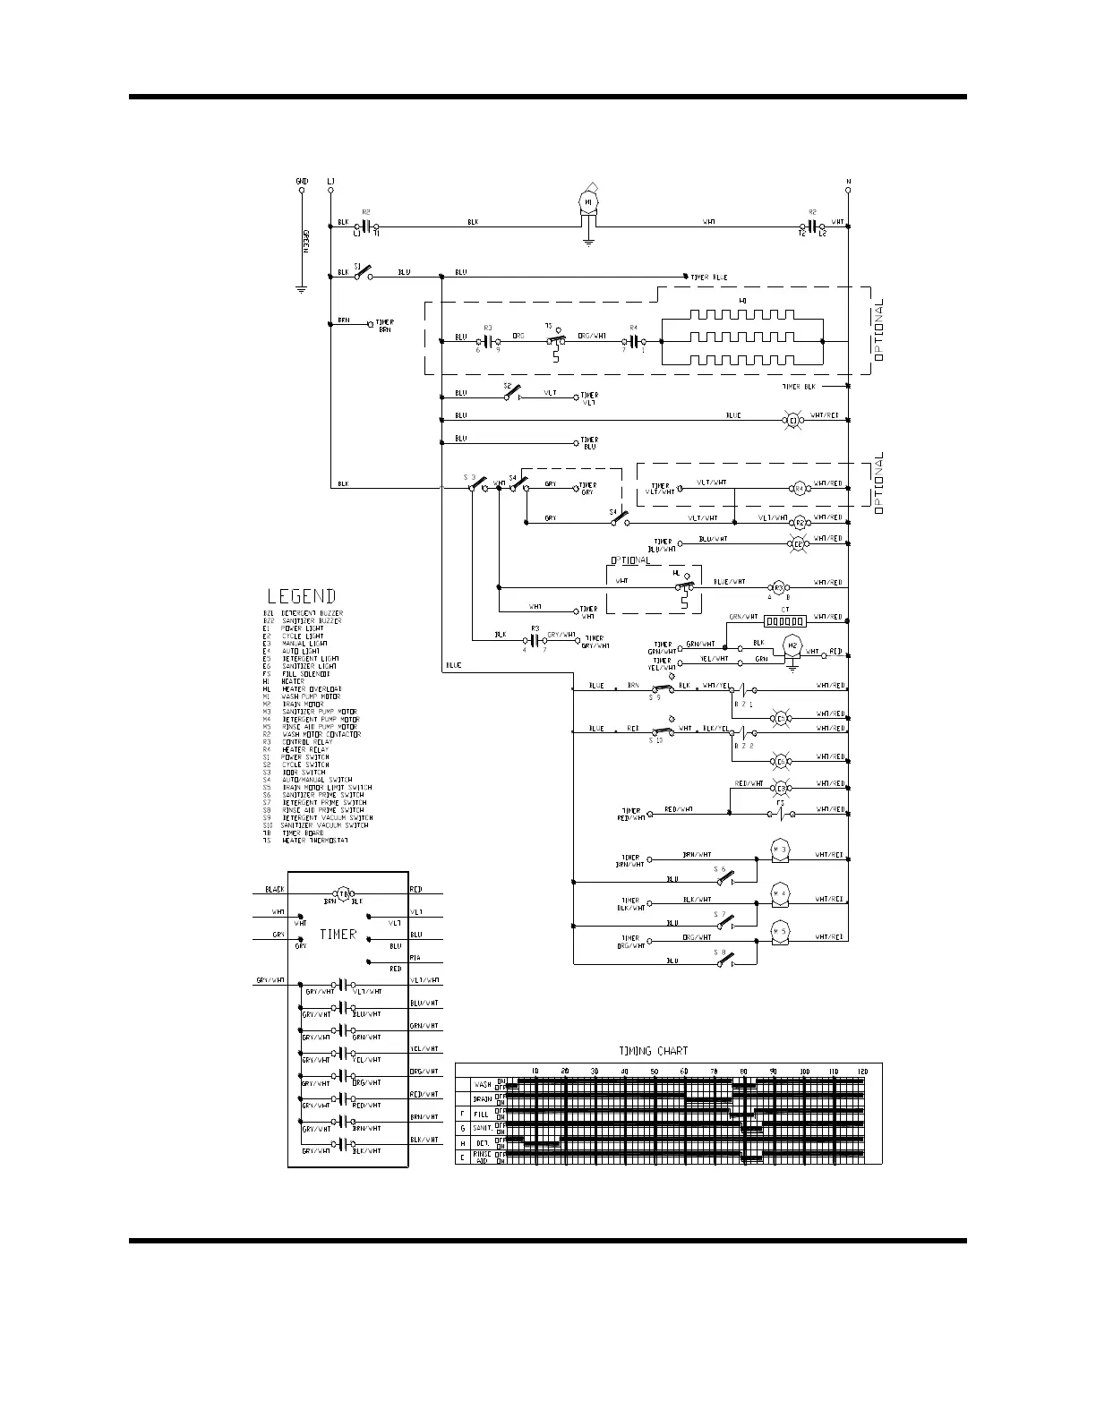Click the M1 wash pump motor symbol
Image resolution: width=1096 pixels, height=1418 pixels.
click(x=588, y=204)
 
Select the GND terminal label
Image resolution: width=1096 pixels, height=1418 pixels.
click(x=302, y=182)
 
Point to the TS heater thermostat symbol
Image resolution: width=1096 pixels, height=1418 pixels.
click(x=556, y=340)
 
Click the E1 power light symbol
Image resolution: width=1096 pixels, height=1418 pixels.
click(x=792, y=418)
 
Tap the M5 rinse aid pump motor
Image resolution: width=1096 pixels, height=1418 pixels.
click(x=779, y=931)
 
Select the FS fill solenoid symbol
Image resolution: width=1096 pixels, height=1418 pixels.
click(x=780, y=813)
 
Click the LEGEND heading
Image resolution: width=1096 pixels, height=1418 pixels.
click(x=302, y=596)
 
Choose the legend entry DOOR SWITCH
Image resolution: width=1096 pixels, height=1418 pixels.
click(x=304, y=772)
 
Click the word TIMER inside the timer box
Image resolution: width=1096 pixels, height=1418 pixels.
click(x=338, y=935)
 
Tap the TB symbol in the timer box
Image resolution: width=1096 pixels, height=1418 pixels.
click(x=343, y=893)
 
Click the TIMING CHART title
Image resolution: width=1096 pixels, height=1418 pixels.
click(x=654, y=1050)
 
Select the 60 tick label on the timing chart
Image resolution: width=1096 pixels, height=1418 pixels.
click(x=684, y=1071)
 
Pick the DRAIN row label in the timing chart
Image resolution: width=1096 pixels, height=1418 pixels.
click(x=483, y=1098)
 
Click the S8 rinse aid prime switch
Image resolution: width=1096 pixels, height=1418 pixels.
click(x=723, y=958)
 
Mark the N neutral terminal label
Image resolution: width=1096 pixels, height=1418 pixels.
click(x=847, y=182)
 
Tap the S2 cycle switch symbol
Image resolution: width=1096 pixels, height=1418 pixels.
click(x=509, y=393)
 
